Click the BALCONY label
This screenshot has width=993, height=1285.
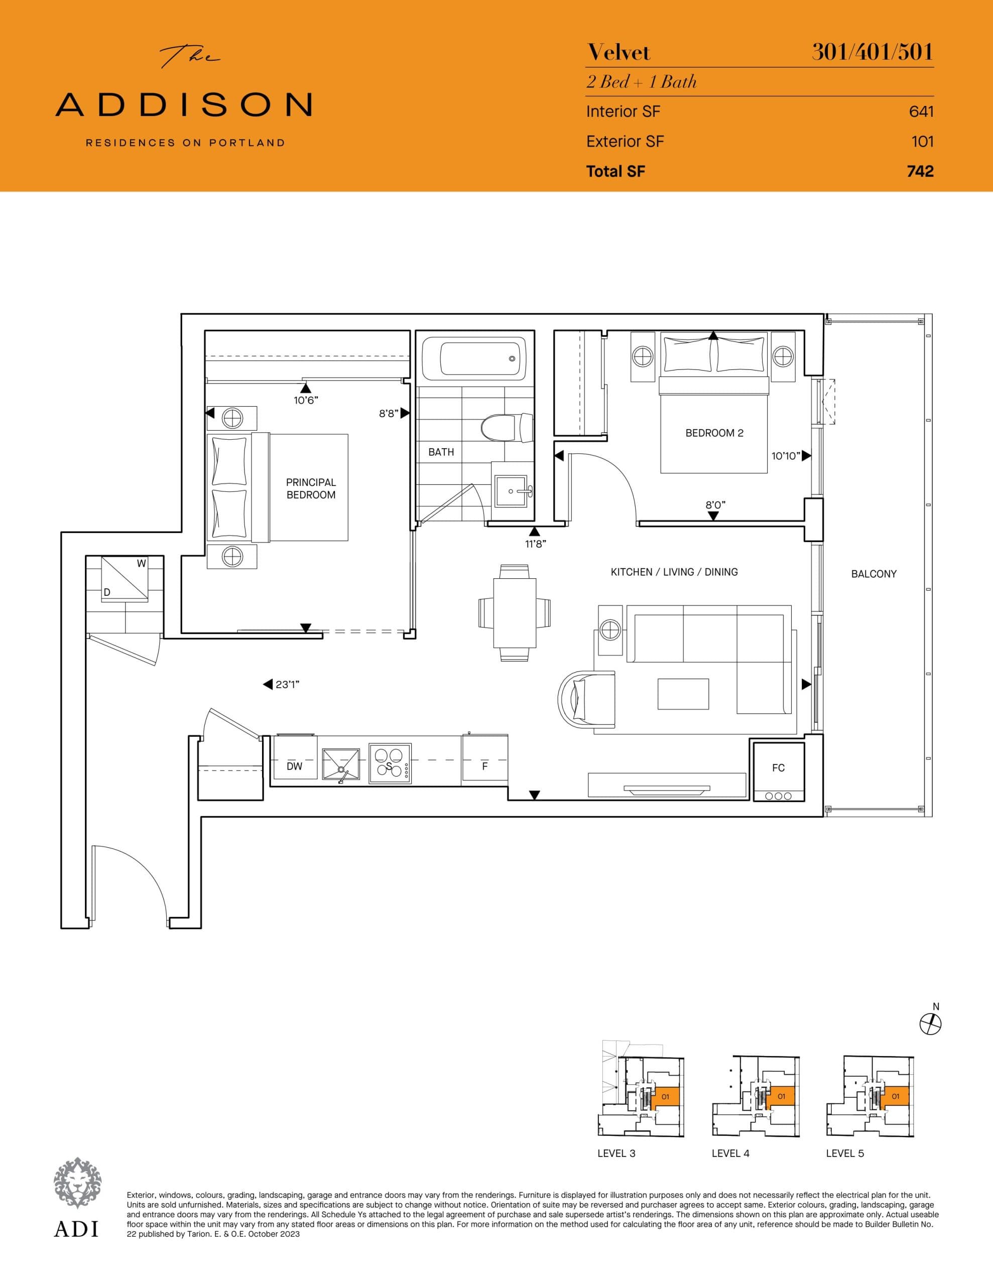click(874, 574)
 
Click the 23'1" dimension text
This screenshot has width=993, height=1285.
click(288, 684)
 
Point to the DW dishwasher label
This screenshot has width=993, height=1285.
click(294, 766)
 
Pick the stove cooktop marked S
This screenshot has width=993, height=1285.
click(390, 763)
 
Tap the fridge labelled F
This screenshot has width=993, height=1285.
click(485, 766)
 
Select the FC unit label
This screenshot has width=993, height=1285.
click(778, 768)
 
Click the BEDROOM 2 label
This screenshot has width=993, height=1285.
click(714, 433)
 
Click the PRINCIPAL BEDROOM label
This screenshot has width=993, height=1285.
click(311, 488)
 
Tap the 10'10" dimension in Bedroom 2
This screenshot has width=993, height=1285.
click(786, 456)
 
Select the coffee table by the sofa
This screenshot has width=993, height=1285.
click(683, 694)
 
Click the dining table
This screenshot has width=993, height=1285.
click(515, 612)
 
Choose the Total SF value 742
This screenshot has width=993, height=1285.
click(920, 171)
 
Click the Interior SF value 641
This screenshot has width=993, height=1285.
click(921, 111)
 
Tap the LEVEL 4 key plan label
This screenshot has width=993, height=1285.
click(730, 1153)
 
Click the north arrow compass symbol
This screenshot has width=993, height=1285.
click(930, 1024)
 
